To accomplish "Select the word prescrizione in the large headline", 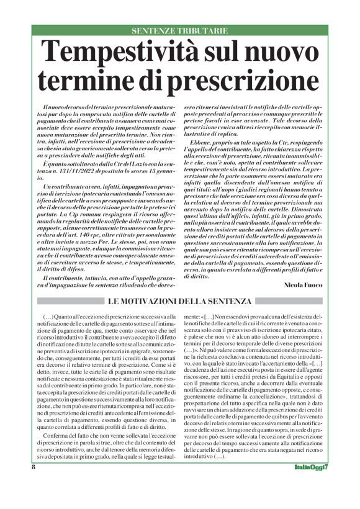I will (235, 81).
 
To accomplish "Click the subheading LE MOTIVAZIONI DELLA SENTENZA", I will (180, 302).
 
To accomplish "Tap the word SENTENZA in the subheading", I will (227, 302).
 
